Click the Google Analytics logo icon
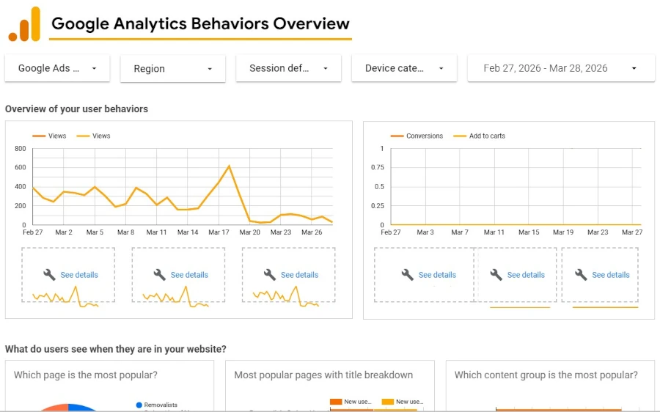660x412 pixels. click(x=24, y=25)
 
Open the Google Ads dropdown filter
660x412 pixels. click(x=57, y=68)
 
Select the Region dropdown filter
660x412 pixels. click(x=172, y=69)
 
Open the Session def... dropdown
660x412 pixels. click(x=288, y=68)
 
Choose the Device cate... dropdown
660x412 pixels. click(x=404, y=68)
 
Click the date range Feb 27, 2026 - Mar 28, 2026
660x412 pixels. click(x=560, y=68)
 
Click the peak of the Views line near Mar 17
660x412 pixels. click(x=230, y=166)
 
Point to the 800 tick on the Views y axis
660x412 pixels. click(x=20, y=149)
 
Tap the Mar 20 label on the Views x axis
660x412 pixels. click(x=250, y=232)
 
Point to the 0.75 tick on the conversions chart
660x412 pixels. click(x=377, y=168)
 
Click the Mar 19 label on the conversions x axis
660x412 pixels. click(x=563, y=232)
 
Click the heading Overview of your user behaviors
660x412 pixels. click(x=76, y=109)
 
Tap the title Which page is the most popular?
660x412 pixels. click(x=85, y=375)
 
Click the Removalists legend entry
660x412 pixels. click(x=161, y=405)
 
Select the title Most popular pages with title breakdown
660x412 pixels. click(x=323, y=375)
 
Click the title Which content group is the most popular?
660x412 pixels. click(x=546, y=375)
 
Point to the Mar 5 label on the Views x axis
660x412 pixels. click(x=95, y=232)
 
